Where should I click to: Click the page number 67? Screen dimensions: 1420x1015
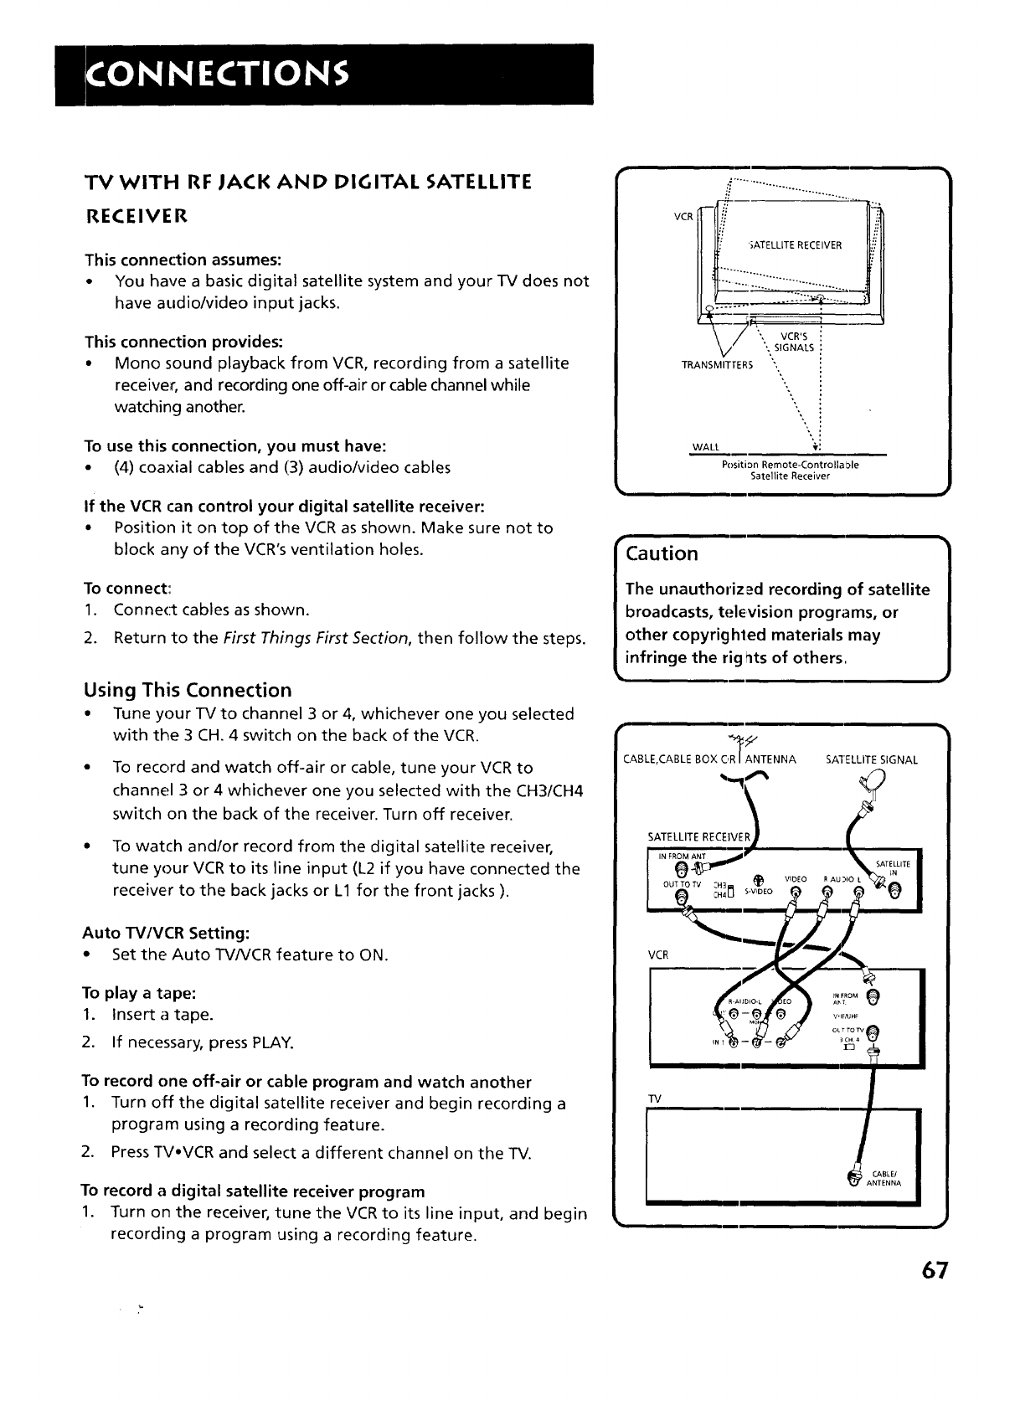click(932, 1270)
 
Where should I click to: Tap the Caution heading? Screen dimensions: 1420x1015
click(662, 553)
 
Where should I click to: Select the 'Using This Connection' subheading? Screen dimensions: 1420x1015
click(188, 690)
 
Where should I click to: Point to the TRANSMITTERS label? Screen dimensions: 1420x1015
click(717, 364)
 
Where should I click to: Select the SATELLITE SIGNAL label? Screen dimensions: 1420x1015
click(871, 760)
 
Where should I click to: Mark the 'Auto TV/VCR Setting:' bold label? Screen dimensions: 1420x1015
click(165, 933)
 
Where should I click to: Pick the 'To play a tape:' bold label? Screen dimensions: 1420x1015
click(138, 993)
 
